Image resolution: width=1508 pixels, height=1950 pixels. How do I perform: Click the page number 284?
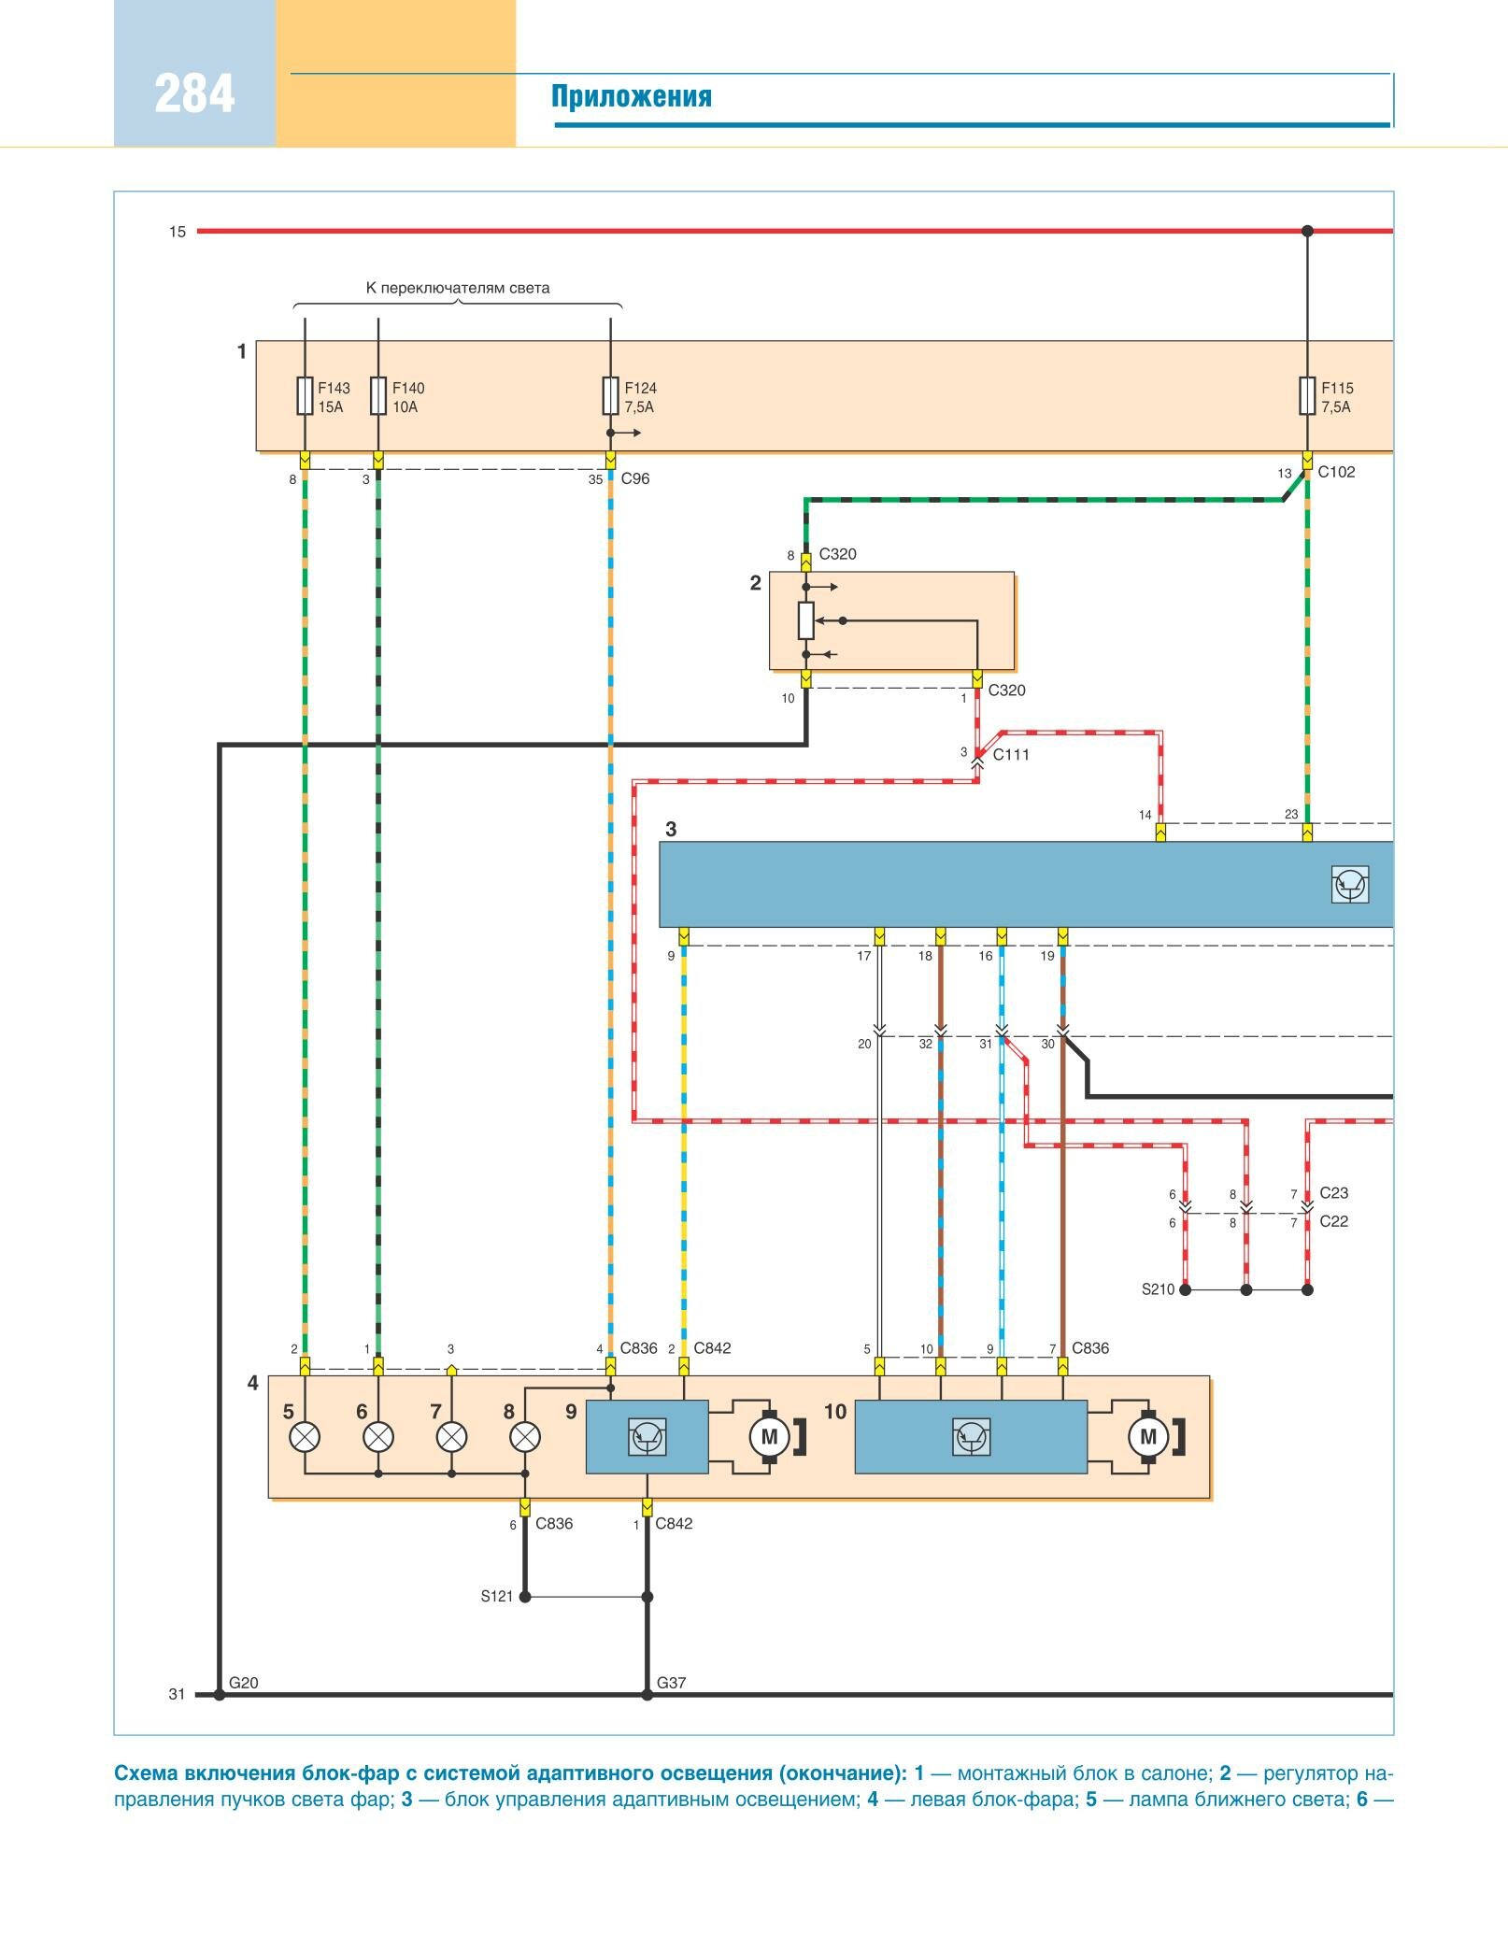click(x=194, y=94)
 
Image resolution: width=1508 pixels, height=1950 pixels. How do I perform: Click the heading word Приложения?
click(x=631, y=97)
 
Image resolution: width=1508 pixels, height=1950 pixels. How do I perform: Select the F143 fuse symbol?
click(x=305, y=395)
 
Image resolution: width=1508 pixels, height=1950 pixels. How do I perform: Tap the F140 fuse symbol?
click(x=378, y=395)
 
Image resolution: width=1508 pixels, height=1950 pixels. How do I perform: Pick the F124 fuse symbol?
click(x=610, y=395)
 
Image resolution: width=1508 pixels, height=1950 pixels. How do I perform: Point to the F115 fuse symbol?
click(x=1307, y=395)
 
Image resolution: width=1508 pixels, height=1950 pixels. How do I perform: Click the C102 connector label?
click(x=1336, y=472)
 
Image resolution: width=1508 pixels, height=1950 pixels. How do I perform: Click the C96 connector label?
click(x=634, y=478)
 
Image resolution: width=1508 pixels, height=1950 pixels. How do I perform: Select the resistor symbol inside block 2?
click(x=806, y=619)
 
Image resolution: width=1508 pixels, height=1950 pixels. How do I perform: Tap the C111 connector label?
click(x=1010, y=755)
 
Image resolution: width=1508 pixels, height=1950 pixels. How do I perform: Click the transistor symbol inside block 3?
click(x=1350, y=884)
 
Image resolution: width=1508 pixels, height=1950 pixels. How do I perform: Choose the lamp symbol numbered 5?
click(x=305, y=1437)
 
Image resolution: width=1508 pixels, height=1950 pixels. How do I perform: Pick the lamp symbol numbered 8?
click(x=525, y=1437)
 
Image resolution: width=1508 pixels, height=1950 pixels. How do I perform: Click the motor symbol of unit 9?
click(x=769, y=1437)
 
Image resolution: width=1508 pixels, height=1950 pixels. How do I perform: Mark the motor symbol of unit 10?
click(x=1148, y=1437)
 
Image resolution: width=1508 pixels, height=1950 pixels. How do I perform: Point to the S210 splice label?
click(x=1158, y=1289)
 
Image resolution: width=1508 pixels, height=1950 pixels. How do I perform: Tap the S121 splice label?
click(x=497, y=1597)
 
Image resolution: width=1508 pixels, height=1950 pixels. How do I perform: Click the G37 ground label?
click(x=671, y=1683)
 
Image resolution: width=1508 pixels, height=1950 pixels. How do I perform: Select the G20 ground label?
click(x=243, y=1683)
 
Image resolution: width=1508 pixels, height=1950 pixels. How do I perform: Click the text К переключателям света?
click(x=457, y=288)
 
